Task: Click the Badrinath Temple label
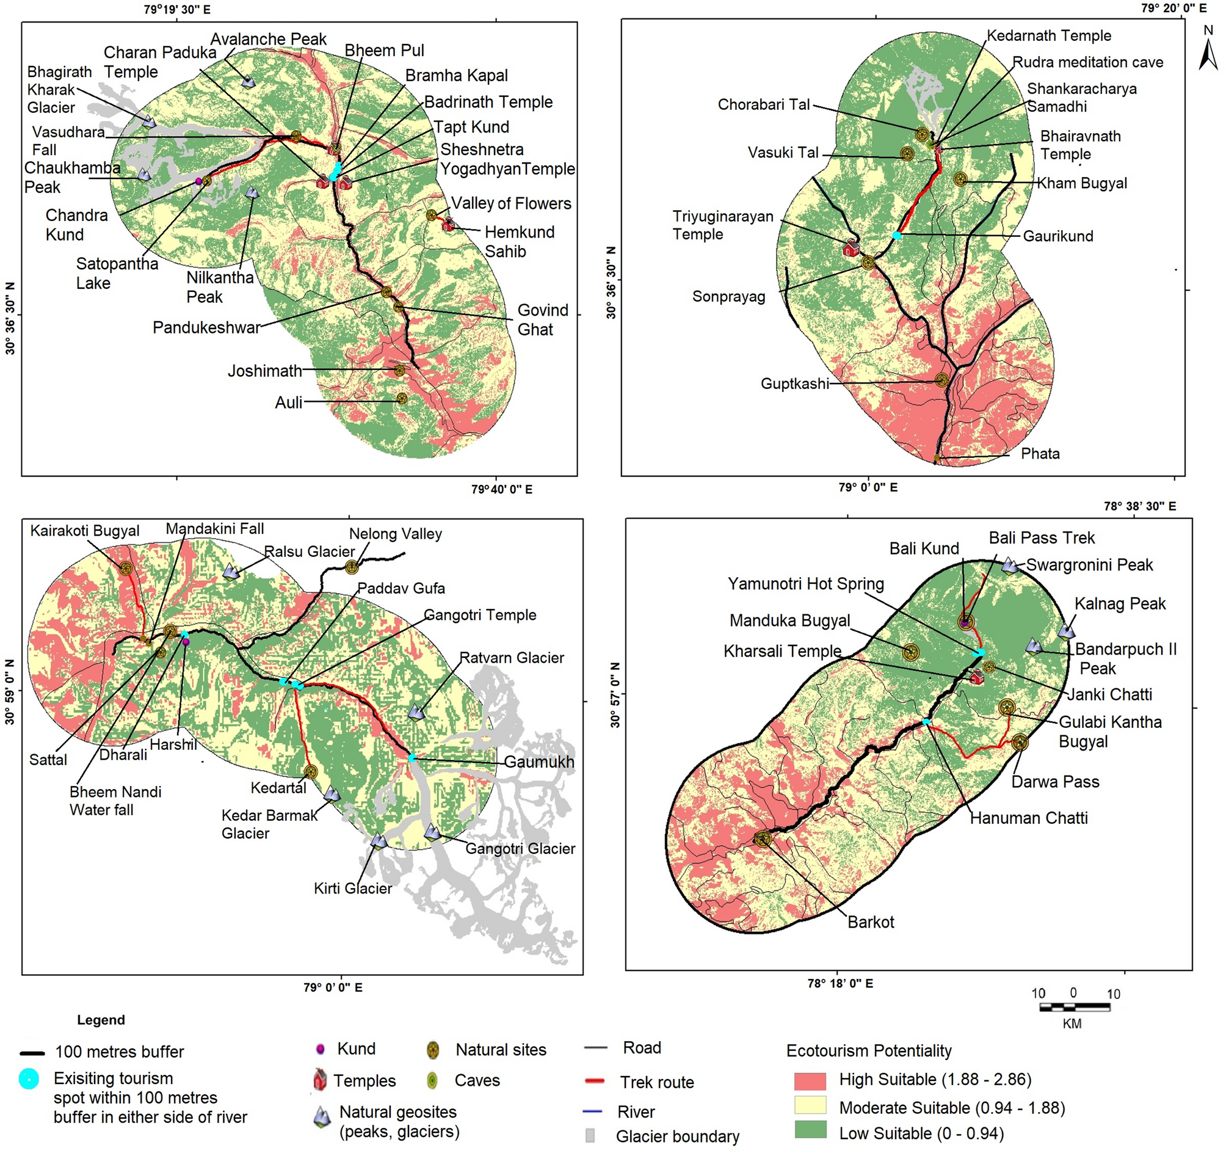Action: tap(488, 102)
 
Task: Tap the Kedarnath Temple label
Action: tap(1048, 36)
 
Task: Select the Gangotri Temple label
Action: tap(480, 615)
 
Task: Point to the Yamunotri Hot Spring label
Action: tap(805, 584)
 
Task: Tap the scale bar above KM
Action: tap(1075, 1008)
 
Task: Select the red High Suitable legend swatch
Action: tap(810, 1081)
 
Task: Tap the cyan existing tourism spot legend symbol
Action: tap(28, 1078)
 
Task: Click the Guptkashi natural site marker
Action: tap(941, 380)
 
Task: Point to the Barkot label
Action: tap(870, 922)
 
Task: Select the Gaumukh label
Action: tap(539, 762)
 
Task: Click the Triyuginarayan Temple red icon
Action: tap(851, 248)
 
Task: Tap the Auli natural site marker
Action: tap(402, 399)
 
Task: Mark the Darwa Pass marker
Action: tap(1020, 742)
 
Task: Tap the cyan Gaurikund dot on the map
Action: tap(897, 236)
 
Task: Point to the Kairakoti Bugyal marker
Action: tap(126, 569)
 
